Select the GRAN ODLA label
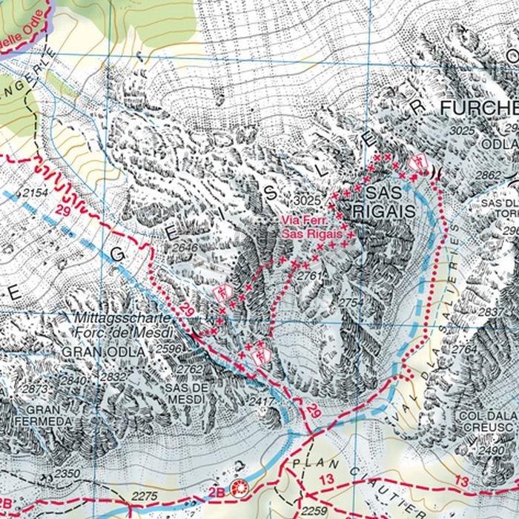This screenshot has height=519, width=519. pyautogui.click(x=90, y=351)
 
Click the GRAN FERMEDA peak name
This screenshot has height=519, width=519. pyautogui.click(x=50, y=415)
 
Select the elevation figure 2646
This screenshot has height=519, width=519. pyautogui.click(x=186, y=246)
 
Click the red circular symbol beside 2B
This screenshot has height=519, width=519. pyautogui.click(x=239, y=488)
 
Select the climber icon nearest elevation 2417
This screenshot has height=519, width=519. pyautogui.click(x=259, y=355)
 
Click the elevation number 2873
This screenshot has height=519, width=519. pyautogui.click(x=35, y=389)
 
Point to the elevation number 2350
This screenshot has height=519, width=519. pyautogui.click(x=67, y=473)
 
